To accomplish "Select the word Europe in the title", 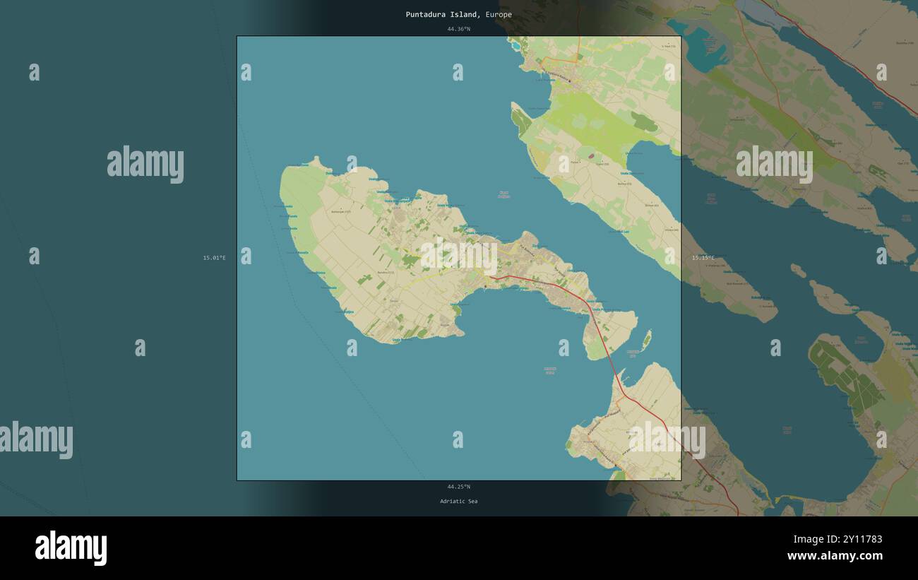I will (x=499, y=14).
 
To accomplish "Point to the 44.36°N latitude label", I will (x=458, y=29).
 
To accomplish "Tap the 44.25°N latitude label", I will (x=458, y=486).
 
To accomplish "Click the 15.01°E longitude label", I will (x=214, y=258).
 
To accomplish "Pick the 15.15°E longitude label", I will (x=703, y=258).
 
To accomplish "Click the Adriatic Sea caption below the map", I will (x=458, y=501).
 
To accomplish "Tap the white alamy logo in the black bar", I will (x=71, y=548).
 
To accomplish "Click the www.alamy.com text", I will (x=834, y=556).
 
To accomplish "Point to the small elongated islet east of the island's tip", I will (x=645, y=339).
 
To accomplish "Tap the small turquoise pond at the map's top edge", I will (x=516, y=46).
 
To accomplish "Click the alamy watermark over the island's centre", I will (x=459, y=256).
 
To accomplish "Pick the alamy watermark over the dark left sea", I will (x=145, y=164).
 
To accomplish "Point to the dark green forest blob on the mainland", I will (x=643, y=123).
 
